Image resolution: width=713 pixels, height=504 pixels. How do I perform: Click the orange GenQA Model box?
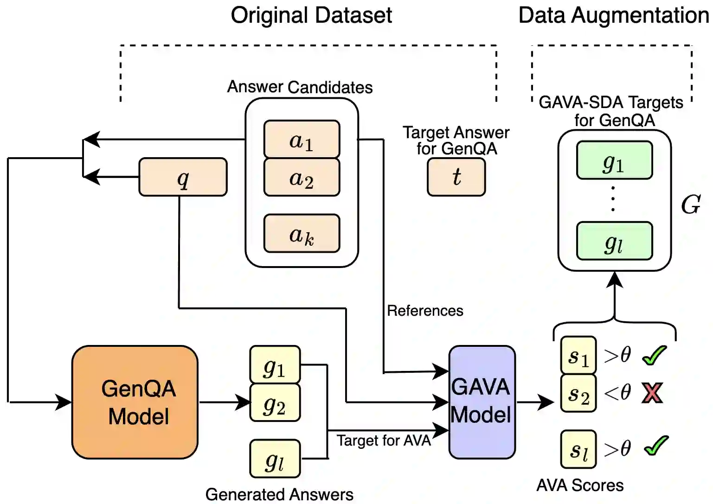[x=135, y=402]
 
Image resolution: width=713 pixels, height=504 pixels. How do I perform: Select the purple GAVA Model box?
[x=482, y=402]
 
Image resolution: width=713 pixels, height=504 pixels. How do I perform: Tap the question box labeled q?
[x=183, y=177]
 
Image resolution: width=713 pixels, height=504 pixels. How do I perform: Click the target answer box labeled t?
[x=456, y=177]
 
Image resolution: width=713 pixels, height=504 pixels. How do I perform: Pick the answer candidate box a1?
[x=302, y=140]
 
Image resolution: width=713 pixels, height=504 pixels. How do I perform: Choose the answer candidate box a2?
[x=302, y=178]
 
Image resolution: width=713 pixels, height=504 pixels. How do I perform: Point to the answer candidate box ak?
[x=302, y=234]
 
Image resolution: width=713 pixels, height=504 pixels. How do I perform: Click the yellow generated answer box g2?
[x=275, y=402]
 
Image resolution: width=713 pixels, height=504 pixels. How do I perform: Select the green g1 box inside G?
[x=614, y=160]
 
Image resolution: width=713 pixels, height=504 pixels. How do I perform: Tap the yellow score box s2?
[x=578, y=393]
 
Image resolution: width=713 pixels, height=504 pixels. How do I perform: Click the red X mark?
[x=652, y=393]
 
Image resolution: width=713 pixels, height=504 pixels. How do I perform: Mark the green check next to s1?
[x=654, y=356]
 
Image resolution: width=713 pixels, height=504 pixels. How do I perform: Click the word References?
[x=425, y=311]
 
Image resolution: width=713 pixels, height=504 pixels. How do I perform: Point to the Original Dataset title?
[x=311, y=15]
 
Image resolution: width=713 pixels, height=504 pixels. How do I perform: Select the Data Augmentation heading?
[x=613, y=15]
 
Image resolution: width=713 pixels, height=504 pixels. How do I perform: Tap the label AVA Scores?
[x=580, y=485]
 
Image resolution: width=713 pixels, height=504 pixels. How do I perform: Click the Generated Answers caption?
[x=279, y=494]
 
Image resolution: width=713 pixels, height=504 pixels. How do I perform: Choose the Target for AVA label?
[x=384, y=440]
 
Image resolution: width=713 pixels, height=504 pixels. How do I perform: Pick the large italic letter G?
[x=690, y=204]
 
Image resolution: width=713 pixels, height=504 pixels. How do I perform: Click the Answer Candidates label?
[x=300, y=87]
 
